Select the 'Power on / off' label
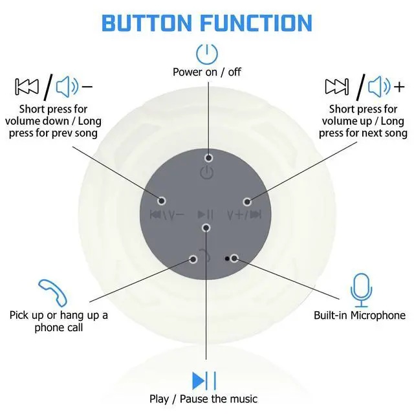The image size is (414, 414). pos(206,72)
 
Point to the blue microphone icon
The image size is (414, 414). pos(360,290)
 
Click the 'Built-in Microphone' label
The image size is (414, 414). pos(360,316)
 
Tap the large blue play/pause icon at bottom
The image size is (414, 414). pos(204,380)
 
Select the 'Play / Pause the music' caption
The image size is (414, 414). pos(203,398)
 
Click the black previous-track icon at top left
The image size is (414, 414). pos(27,86)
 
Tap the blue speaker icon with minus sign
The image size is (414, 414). pos(72,86)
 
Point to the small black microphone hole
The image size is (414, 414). pos(226,257)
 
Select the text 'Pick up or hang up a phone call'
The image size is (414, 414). pos(59,321)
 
